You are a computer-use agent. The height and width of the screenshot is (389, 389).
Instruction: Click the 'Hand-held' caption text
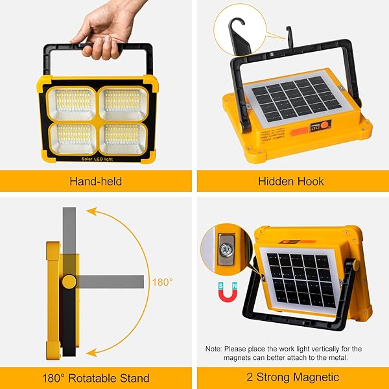tap(95, 181)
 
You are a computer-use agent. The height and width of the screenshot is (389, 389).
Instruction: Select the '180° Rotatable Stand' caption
tap(95, 377)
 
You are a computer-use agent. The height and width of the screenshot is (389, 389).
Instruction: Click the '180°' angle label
tap(163, 282)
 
